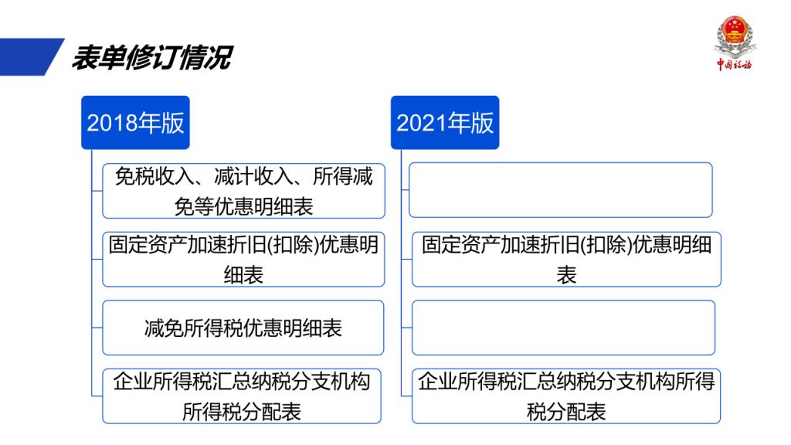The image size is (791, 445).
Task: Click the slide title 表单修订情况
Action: point(152,57)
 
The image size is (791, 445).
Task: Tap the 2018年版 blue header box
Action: point(135,123)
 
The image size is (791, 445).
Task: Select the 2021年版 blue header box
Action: point(445,123)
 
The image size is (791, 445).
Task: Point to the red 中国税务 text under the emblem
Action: point(735,64)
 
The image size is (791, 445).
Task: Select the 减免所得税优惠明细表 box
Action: point(243,328)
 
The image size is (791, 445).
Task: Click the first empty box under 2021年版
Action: point(561,190)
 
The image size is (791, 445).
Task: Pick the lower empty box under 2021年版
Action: point(563,328)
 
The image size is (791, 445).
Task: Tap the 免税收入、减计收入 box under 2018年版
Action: point(243,191)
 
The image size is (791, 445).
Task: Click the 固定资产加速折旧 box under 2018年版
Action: point(243,260)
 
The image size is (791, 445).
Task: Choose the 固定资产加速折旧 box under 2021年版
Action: point(566,260)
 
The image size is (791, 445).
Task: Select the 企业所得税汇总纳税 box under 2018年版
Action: point(242,396)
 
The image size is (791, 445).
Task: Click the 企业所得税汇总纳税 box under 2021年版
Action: point(566,396)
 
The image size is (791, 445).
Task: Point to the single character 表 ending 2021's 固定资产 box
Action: point(566,276)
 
